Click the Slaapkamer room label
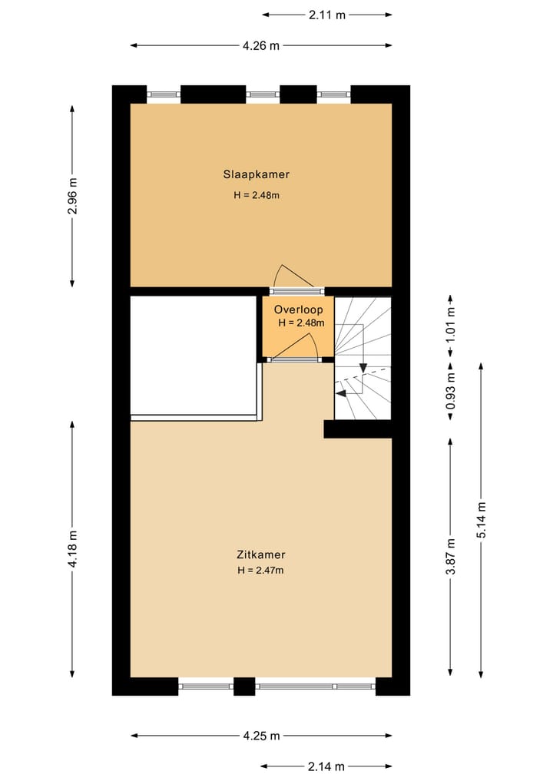point(257,174)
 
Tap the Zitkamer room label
point(260,554)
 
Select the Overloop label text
point(299,309)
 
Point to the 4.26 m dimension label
point(261,45)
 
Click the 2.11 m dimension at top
point(326,14)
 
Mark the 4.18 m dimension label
point(73,550)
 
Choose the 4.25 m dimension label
point(261,735)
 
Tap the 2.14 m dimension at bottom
point(326,766)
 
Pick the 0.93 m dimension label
point(451,389)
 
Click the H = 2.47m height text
point(260,570)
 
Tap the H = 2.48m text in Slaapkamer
point(257,195)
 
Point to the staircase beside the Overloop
point(363,357)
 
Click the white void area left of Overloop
point(193,355)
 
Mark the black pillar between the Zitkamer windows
point(244,686)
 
